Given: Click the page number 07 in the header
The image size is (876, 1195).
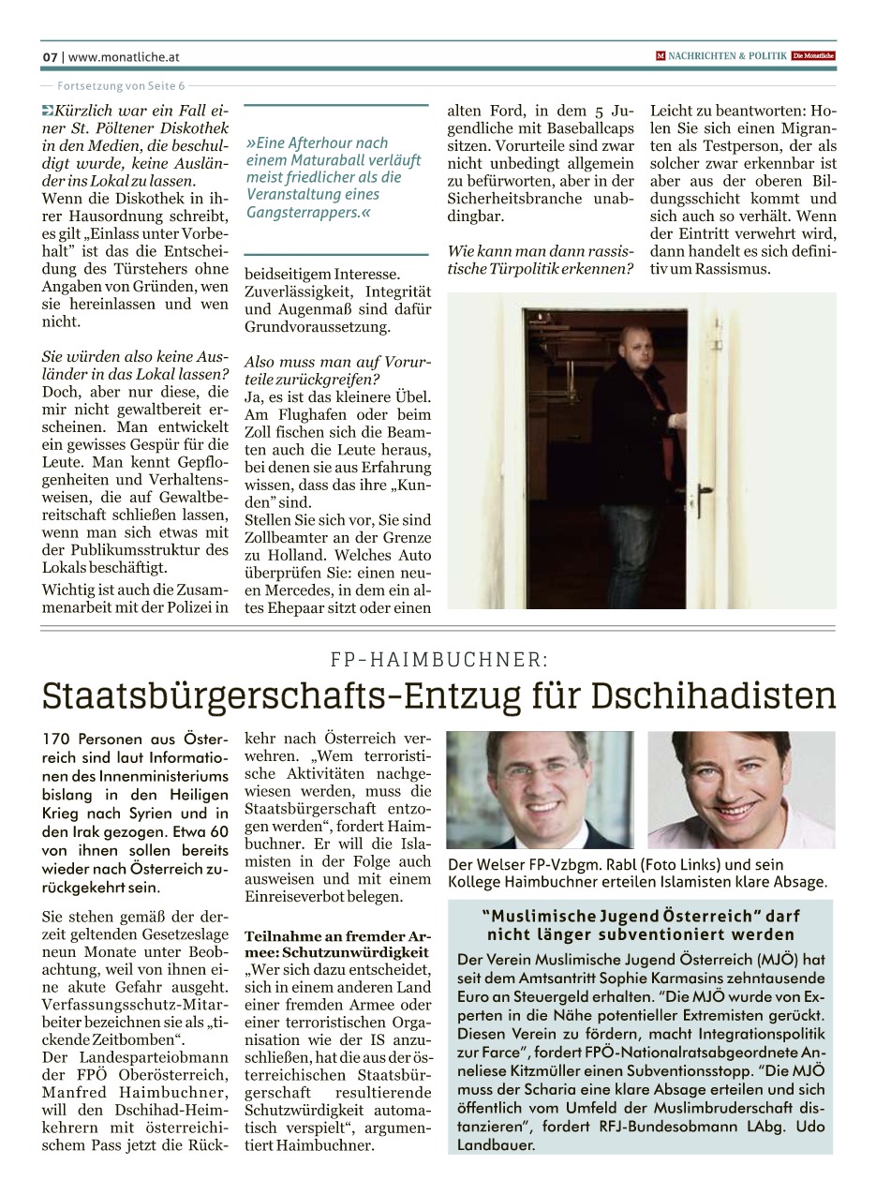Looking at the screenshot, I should (50, 56).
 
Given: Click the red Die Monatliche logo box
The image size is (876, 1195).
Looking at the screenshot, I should (813, 56).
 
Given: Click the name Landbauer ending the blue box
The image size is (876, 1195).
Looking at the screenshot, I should (497, 1144).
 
